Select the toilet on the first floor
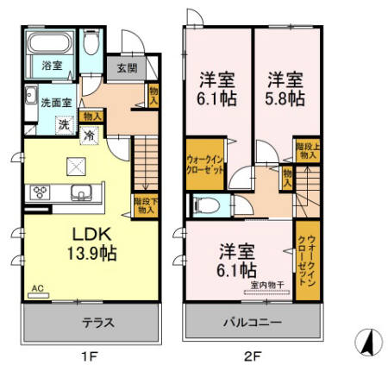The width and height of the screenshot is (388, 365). pyautogui.click(x=91, y=45)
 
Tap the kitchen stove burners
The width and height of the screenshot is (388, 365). pyautogui.click(x=41, y=191)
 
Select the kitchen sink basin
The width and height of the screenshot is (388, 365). pyautogui.click(x=82, y=191)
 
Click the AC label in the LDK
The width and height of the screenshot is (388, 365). pyautogui.click(x=37, y=289)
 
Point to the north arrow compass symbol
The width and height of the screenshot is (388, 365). pyautogui.click(x=368, y=343)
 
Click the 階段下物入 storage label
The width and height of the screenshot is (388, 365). pyautogui.click(x=144, y=205)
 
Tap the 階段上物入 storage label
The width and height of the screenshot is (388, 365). pyautogui.click(x=304, y=152)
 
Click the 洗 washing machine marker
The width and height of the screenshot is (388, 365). pyautogui.click(x=64, y=124)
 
